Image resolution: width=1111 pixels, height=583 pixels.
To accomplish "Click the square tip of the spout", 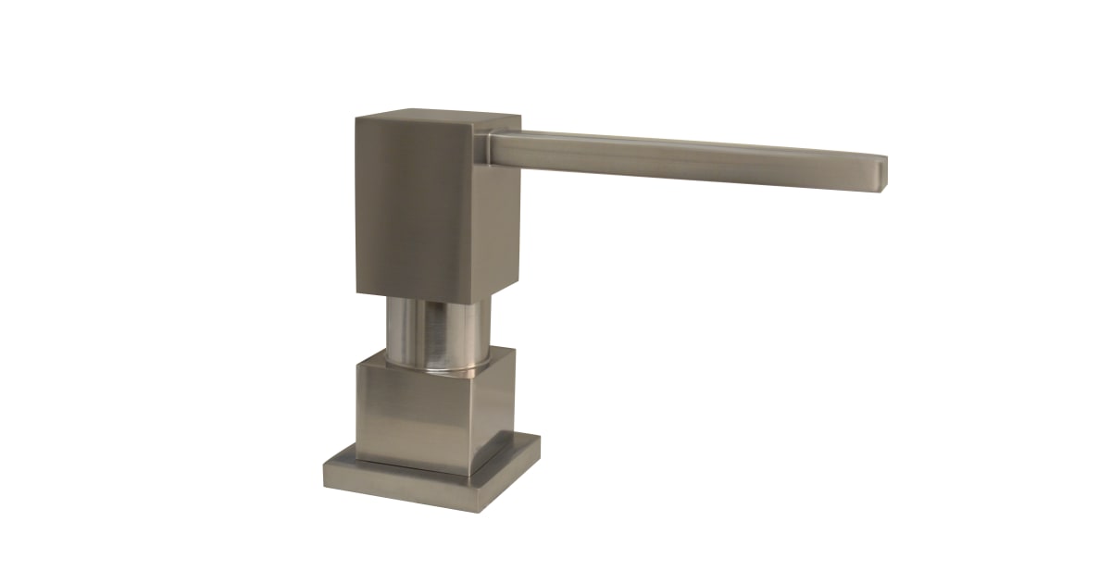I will [x=882, y=172].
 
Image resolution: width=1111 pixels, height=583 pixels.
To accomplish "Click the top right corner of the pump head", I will [x=518, y=118].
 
